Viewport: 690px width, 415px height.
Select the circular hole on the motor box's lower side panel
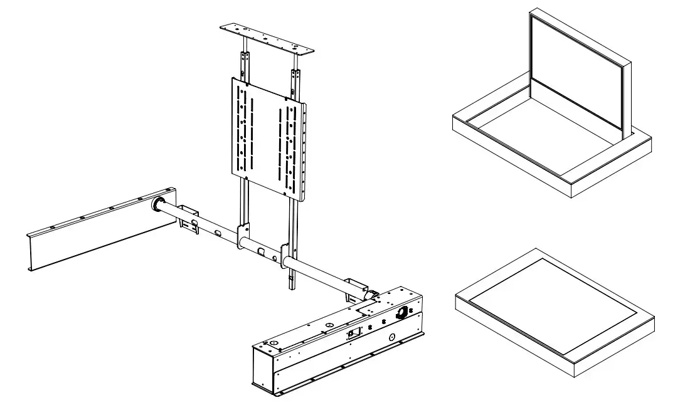coord(392,337)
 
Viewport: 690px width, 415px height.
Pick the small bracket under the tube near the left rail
coord(189,213)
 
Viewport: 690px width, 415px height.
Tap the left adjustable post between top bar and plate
coord(244,66)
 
